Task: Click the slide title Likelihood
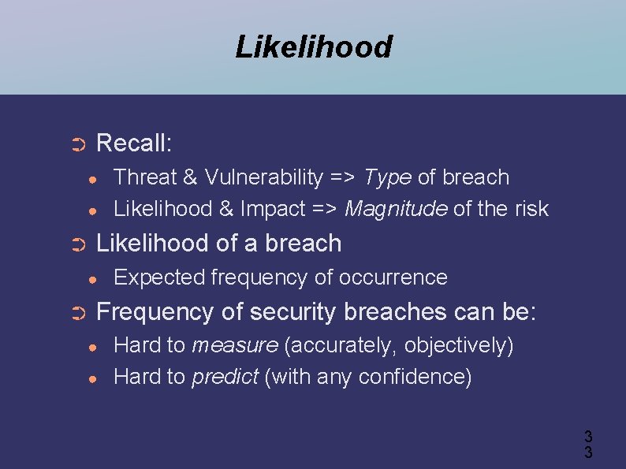point(313,47)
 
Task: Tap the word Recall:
point(133,143)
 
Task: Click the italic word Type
point(387,177)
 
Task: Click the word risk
point(529,209)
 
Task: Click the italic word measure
point(234,345)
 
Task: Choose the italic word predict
point(225,377)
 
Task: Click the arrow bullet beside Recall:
point(77,144)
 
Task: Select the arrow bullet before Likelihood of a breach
point(77,244)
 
